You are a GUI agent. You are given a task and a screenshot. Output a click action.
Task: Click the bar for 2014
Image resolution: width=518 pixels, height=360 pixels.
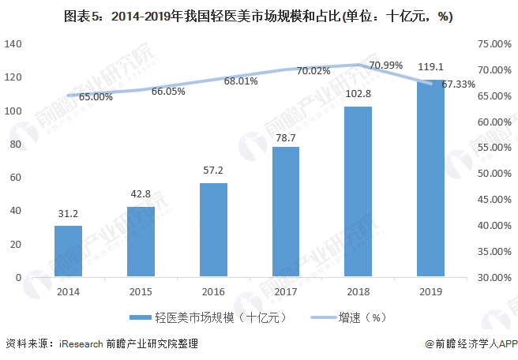[68, 251]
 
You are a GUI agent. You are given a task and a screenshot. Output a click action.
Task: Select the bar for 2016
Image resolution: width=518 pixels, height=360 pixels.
[213, 230]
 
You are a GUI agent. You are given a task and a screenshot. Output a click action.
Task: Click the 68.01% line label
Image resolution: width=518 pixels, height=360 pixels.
[241, 81]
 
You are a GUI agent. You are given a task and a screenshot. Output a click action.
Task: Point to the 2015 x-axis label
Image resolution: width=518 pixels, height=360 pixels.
[141, 291]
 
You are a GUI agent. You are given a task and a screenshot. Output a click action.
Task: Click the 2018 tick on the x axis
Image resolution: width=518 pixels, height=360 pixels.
[358, 291]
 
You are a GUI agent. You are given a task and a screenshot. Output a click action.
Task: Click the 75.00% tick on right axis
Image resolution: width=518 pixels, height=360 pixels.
[494, 44]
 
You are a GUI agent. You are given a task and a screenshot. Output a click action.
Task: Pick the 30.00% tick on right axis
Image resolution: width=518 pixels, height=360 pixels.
[494, 277]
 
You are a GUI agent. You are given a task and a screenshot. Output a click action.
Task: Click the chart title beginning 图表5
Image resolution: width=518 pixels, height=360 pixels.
[258, 16]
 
